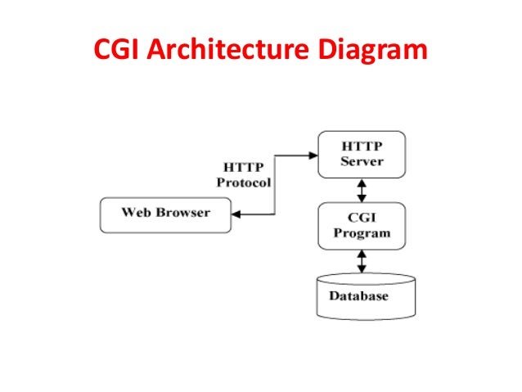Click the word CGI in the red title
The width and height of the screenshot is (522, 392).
pos(119,51)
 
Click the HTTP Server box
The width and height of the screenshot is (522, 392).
pos(361,154)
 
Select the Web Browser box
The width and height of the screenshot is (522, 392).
pos(165,214)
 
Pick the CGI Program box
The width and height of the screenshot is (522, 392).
pos(361,225)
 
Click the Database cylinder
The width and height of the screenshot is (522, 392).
pos(361,295)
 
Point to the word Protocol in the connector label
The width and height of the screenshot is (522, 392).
pos(243,182)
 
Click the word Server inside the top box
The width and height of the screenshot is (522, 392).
pos(361,161)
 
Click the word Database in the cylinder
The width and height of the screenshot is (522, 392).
pos(358,295)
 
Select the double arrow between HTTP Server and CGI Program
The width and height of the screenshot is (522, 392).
pos(361,189)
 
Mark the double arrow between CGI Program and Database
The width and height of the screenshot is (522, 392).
pos(361,260)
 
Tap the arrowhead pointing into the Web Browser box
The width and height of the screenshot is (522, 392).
pos(236,214)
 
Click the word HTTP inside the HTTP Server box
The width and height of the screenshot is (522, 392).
pos(361,146)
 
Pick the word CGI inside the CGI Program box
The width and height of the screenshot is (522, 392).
pos(361,218)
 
